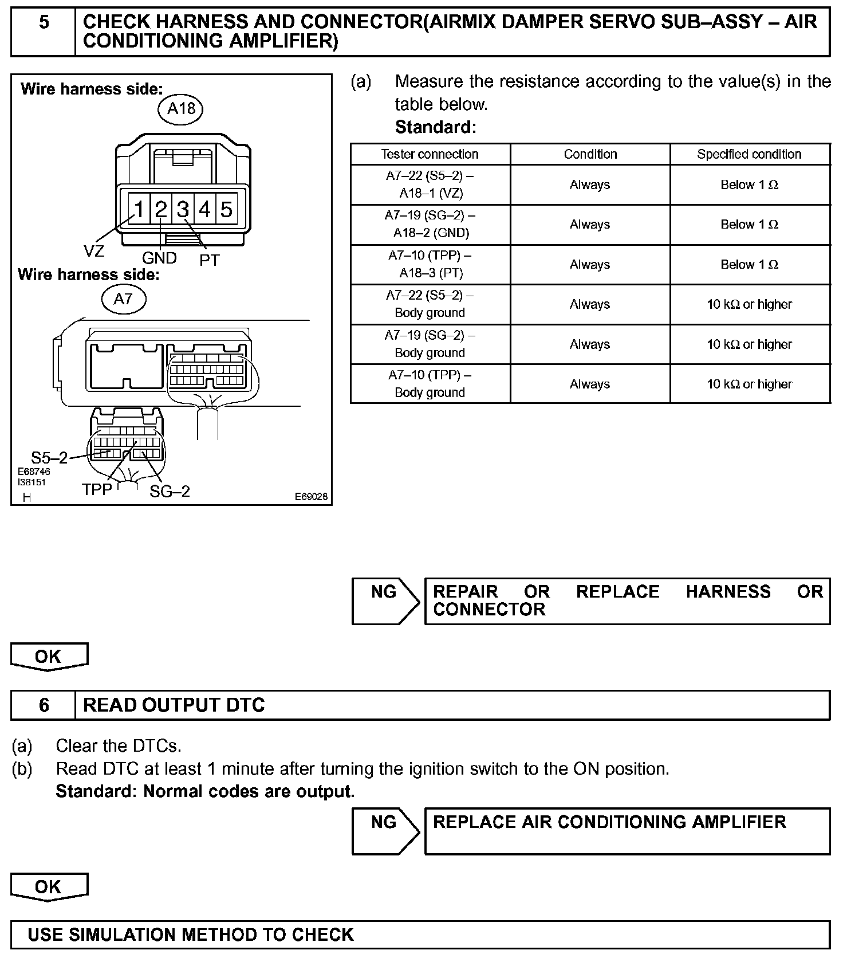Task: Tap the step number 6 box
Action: pos(44,705)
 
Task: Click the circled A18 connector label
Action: pos(181,108)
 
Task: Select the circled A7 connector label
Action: pos(123,299)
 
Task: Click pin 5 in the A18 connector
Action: pos(226,210)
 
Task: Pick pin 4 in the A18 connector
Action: pos(204,210)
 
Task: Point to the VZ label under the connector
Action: pos(94,251)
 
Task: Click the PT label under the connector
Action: pos(209,260)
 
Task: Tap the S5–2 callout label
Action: pos(49,458)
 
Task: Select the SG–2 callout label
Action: pos(170,491)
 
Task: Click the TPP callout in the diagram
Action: pos(97,490)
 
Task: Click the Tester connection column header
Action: pos(430,154)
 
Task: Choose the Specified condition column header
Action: pos(749,154)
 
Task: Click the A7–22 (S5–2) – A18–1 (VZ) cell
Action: pos(430,184)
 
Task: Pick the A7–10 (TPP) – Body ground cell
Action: pos(430,384)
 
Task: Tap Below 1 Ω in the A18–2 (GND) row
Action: pos(749,225)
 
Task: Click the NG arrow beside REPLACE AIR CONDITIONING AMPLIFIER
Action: pos(385,831)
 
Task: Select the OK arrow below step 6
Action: pos(49,887)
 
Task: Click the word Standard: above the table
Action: pos(435,127)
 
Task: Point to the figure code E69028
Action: pos(311,497)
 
